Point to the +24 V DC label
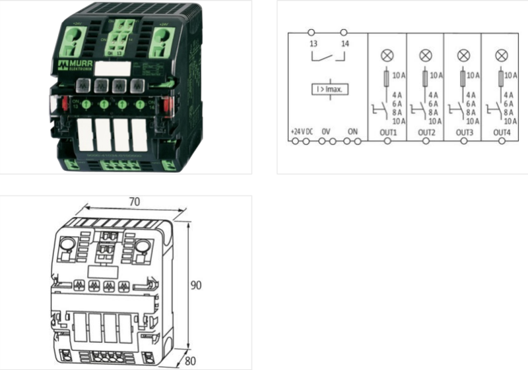[x=302, y=132]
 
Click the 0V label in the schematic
[x=325, y=132]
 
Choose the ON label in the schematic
[x=353, y=132]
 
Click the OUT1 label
[x=387, y=132]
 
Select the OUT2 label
[x=426, y=132]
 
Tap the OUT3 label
[x=464, y=132]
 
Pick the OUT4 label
[x=502, y=132]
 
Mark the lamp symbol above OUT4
[x=501, y=55]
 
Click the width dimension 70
[x=134, y=201]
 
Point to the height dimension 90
[x=195, y=286]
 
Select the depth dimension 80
[x=191, y=361]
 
